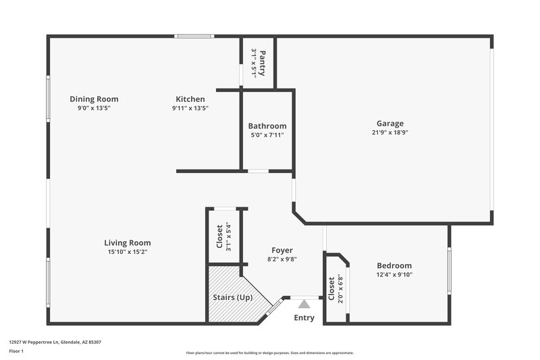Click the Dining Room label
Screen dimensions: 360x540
[x=94, y=99]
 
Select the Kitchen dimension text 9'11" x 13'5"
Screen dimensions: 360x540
[x=190, y=108]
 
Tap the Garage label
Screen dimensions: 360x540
[x=390, y=124]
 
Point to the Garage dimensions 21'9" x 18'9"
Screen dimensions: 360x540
[x=390, y=132]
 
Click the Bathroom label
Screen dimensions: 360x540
[x=267, y=126]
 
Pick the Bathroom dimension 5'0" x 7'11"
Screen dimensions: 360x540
[x=267, y=135]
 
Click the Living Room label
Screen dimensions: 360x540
[x=128, y=242]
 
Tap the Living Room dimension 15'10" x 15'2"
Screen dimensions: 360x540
[x=128, y=252]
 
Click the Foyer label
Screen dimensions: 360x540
[x=282, y=250]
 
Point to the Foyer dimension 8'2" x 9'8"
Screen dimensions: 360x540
[x=282, y=259]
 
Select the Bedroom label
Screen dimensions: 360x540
[x=394, y=265]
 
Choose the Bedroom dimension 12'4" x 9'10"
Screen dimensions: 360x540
[x=394, y=274]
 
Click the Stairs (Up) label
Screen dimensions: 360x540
[x=229, y=297]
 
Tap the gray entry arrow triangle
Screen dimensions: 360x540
[x=304, y=304]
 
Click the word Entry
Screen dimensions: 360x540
[x=304, y=318]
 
